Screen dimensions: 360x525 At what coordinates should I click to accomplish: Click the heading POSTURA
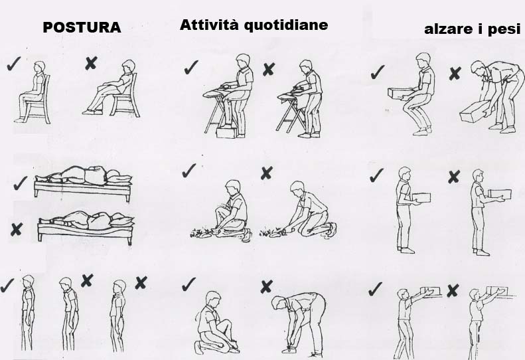[x=81, y=28]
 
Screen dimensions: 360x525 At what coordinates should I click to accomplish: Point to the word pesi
[x=507, y=30]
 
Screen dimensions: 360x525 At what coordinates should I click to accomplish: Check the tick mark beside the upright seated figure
[x=13, y=64]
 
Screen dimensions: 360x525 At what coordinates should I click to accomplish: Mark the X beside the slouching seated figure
[x=91, y=63]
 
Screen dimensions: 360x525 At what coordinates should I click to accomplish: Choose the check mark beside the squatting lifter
[x=377, y=71]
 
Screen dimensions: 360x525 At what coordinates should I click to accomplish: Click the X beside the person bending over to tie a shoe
[x=266, y=286]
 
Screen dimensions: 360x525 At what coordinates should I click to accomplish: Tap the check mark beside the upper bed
[x=20, y=182]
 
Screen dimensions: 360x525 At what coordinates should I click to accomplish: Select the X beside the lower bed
[x=16, y=230]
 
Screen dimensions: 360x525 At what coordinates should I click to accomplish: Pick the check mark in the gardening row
[x=189, y=171]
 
